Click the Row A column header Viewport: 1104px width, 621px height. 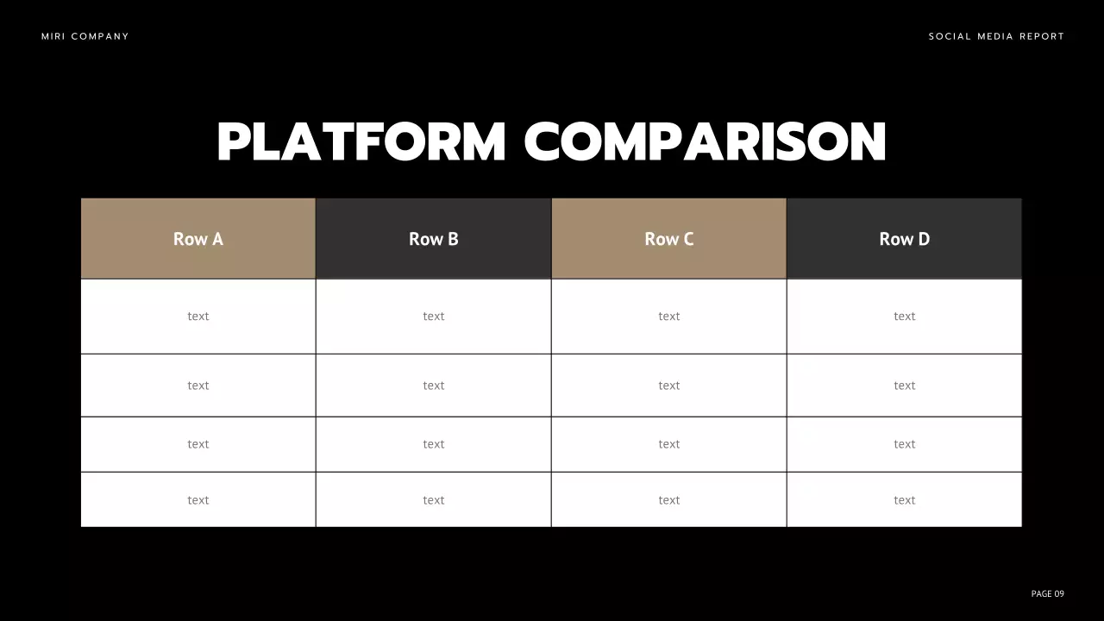198,239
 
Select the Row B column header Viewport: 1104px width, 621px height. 433,239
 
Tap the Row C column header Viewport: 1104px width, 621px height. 668,239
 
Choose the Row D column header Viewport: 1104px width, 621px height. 904,239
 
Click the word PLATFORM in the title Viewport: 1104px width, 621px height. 361,142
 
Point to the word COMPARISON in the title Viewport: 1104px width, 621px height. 706,142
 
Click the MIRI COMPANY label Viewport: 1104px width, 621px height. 85,36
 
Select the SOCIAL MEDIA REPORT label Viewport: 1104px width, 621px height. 996,36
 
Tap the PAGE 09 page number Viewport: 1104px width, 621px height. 1047,593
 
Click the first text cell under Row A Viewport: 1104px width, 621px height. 198,317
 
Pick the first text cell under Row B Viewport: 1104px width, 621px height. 433,317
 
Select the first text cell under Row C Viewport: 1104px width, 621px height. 668,317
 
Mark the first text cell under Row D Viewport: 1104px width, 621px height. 904,317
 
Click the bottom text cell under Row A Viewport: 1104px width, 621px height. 198,500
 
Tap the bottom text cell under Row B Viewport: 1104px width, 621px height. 433,500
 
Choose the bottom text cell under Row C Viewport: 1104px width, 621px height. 668,500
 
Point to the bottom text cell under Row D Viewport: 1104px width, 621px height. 904,500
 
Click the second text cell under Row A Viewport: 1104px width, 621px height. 198,386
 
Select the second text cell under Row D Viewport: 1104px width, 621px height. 904,386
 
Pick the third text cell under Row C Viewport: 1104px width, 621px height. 668,444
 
